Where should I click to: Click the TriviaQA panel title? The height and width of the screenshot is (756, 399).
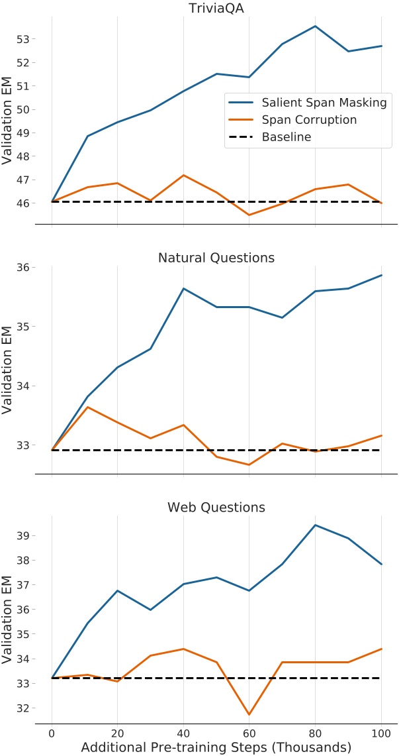point(216,7)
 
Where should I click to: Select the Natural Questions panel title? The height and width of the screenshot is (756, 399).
point(216,257)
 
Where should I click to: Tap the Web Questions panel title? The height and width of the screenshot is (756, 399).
point(216,508)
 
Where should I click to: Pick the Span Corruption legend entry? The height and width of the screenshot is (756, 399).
point(309,120)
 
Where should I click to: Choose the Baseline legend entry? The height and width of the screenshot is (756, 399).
point(287,137)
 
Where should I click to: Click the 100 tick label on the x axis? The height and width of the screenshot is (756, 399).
point(381,733)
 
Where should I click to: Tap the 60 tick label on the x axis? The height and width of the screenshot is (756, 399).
point(249,733)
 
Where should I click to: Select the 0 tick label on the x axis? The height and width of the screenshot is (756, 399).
point(52,733)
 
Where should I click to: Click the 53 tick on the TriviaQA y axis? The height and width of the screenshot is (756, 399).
point(22,39)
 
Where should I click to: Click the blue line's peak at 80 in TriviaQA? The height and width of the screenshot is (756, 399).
point(316,26)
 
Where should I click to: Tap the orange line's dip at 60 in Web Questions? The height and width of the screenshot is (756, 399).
point(249,714)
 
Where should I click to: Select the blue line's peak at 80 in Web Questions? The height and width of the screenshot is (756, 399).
point(316,525)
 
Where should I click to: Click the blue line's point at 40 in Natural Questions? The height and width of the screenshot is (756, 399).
point(183,288)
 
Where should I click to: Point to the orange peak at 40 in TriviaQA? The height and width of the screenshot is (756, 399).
point(183,175)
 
